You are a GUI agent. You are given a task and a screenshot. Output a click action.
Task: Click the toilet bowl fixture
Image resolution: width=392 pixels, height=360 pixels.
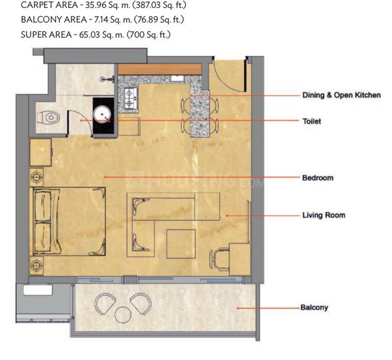(49, 117)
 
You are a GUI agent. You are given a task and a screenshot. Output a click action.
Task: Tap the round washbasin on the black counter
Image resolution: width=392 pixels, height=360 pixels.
(102, 115)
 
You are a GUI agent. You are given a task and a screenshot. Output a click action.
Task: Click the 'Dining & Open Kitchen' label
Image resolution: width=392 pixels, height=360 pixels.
(341, 95)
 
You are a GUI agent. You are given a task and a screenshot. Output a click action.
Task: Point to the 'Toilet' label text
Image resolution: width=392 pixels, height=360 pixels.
(312, 121)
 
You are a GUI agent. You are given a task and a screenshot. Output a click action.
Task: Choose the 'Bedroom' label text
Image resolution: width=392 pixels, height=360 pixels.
(318, 178)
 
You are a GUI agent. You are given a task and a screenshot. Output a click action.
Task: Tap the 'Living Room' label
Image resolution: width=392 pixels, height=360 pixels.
(324, 215)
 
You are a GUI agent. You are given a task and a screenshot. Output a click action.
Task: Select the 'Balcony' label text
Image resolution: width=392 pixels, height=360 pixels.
(314, 307)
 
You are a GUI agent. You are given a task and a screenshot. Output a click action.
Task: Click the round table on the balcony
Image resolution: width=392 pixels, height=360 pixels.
(123, 315)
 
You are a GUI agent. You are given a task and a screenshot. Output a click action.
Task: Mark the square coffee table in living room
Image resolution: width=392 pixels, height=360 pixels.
(181, 244)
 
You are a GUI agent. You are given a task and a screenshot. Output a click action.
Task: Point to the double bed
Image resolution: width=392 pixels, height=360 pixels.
(67, 221)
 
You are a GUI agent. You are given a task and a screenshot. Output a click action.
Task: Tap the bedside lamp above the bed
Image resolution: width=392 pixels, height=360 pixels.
(37, 177)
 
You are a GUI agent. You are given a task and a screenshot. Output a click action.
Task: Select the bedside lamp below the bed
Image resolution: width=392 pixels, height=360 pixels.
(37, 265)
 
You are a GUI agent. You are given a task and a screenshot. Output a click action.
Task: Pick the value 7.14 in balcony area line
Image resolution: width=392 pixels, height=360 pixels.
(101, 20)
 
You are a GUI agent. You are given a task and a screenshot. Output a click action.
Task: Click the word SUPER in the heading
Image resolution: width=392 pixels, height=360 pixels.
(33, 35)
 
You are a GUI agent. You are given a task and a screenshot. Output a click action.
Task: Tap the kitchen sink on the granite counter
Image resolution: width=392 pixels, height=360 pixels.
(178, 79)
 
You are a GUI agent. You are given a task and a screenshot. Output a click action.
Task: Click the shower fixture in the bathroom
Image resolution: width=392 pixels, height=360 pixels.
(107, 79)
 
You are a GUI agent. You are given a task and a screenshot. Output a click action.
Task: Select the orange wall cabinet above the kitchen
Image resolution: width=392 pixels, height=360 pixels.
(159, 69)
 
